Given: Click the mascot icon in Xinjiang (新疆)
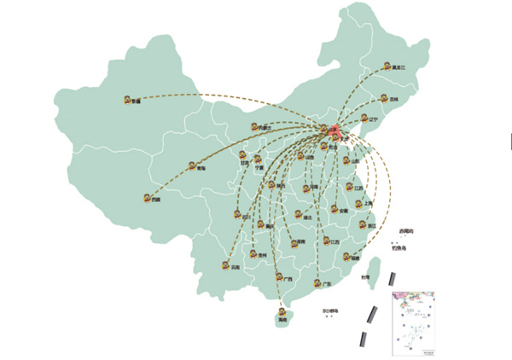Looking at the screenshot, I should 127,99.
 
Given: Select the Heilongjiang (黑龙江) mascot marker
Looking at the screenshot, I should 386,66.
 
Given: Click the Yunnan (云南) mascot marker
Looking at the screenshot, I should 226,264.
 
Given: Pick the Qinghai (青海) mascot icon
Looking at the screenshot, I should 192,167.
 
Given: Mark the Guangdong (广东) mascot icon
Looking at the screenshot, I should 317,282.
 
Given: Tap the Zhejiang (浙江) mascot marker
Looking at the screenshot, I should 363,224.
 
